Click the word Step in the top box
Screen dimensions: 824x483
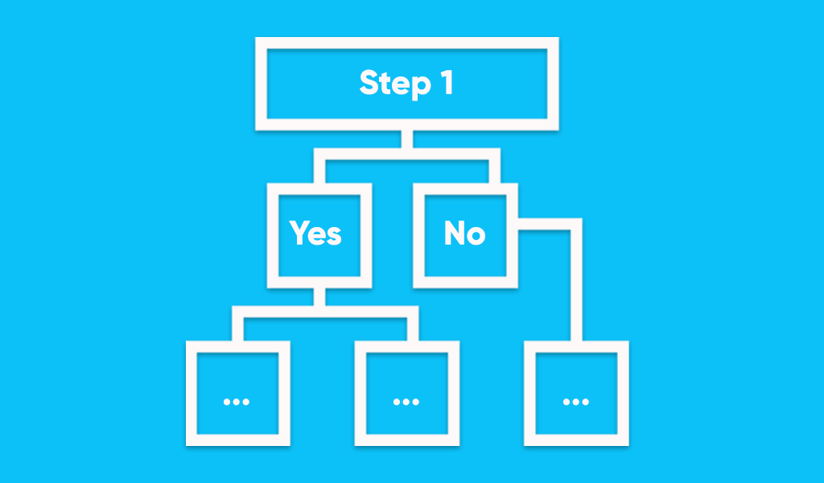tap(395, 84)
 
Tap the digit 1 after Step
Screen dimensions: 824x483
tap(447, 83)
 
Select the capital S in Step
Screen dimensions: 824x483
tap(370, 83)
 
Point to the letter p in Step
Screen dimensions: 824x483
tap(422, 88)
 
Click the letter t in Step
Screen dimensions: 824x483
tap(387, 84)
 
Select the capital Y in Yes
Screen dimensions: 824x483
tap(300, 233)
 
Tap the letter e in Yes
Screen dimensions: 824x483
tap(318, 236)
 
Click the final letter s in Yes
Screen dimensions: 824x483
tap(334, 236)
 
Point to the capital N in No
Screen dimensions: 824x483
tap(455, 233)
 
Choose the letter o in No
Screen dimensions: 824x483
tap(476, 236)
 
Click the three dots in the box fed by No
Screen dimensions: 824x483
tap(576, 402)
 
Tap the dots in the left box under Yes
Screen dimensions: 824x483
tap(237, 402)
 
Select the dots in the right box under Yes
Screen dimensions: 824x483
tap(406, 402)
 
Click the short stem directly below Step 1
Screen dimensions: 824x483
tap(406, 139)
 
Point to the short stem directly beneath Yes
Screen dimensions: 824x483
tap(319, 297)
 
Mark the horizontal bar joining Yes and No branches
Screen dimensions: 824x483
tap(406, 154)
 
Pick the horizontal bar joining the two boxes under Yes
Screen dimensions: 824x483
tap(325, 312)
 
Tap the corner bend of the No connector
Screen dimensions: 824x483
tap(576, 224)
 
